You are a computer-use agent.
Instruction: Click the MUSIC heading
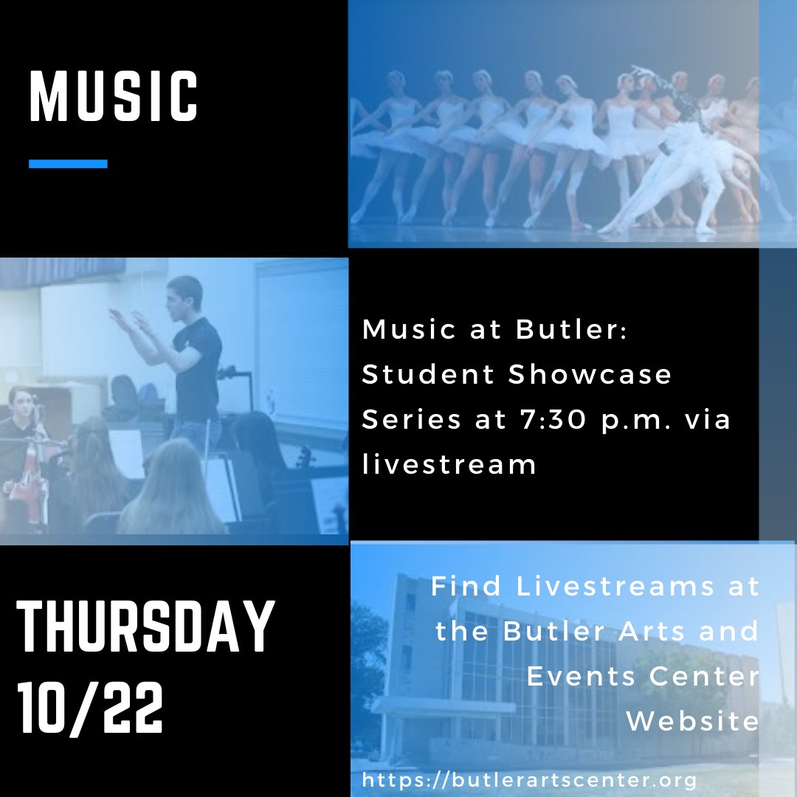click(114, 96)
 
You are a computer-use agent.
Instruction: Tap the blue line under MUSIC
click(68, 164)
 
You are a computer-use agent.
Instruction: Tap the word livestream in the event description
click(449, 464)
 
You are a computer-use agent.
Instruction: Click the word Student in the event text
click(426, 374)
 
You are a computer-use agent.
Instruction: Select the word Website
click(692, 721)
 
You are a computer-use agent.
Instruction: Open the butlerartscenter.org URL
click(529, 779)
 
